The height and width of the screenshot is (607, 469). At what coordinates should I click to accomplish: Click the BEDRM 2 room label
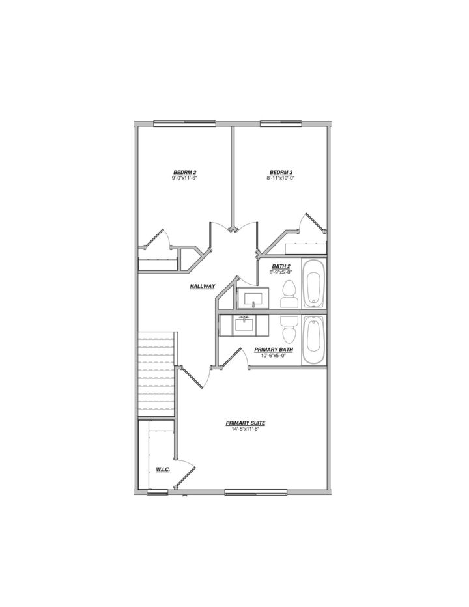coord(184,172)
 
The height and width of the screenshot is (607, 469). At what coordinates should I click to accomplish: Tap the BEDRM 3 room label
coord(281,172)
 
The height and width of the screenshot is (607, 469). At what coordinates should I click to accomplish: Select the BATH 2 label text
coord(281,266)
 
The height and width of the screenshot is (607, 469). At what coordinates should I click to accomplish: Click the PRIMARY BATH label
coord(274,350)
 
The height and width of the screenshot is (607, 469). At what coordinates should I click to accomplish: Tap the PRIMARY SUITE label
coord(246,423)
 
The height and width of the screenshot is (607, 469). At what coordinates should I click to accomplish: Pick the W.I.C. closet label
coord(163,469)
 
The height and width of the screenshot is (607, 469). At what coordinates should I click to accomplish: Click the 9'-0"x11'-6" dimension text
coord(184,178)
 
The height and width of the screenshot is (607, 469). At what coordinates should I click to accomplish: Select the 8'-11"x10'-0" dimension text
coord(281,178)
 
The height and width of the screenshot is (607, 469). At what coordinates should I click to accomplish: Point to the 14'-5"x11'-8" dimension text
coord(246,429)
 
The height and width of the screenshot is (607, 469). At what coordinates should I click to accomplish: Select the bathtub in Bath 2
coord(313,285)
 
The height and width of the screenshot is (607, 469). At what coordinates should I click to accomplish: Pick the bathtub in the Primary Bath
coord(313,341)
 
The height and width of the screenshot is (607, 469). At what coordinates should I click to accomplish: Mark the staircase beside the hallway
coord(157,374)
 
